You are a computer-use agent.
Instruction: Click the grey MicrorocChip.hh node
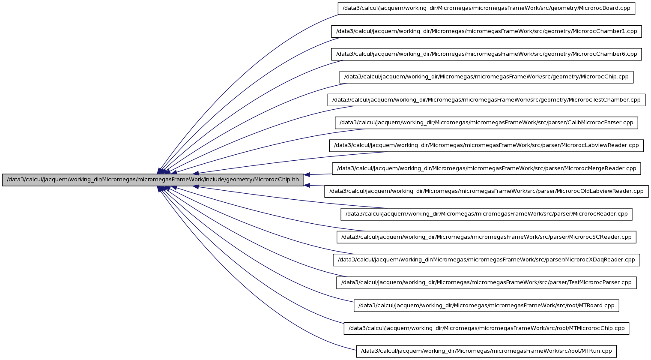(x=153, y=180)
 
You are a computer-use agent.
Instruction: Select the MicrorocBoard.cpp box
(x=486, y=8)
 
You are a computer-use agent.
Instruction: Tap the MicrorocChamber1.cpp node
(x=486, y=31)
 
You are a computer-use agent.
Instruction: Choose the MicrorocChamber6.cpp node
(x=486, y=54)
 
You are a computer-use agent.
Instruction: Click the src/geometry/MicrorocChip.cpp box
(x=486, y=77)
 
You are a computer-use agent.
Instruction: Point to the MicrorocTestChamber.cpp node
(x=486, y=100)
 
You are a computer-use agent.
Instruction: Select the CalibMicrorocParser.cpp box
(x=486, y=123)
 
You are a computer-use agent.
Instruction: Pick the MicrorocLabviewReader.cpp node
(x=486, y=145)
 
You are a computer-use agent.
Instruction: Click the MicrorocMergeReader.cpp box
(x=486, y=169)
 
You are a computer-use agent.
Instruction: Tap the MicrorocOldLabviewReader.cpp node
(x=486, y=191)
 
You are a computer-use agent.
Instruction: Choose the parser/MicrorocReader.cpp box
(x=486, y=214)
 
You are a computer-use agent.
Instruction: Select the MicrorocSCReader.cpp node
(x=486, y=237)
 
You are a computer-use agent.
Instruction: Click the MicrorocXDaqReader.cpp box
(x=486, y=260)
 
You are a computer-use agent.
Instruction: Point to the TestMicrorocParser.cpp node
(x=486, y=283)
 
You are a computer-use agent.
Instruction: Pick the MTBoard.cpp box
(x=486, y=306)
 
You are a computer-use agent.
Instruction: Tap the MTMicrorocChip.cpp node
(x=486, y=328)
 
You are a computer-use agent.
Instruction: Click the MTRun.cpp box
(x=486, y=351)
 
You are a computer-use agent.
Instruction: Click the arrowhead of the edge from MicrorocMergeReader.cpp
(x=307, y=175)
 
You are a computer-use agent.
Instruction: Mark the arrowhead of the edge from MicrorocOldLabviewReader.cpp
(x=307, y=185)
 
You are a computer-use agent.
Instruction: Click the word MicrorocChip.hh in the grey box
(x=276, y=180)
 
